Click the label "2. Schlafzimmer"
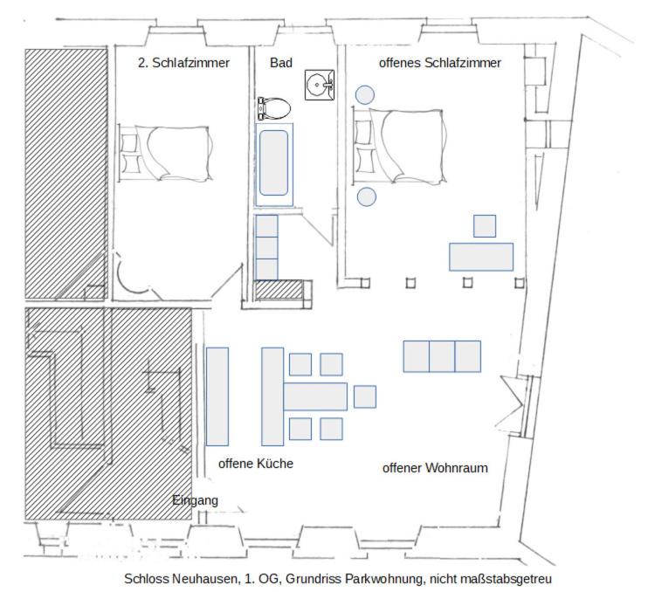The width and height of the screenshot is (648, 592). (183, 63)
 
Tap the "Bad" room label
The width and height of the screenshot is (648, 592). (281, 63)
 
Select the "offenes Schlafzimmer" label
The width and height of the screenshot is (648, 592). (440, 63)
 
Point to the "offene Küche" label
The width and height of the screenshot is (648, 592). (256, 464)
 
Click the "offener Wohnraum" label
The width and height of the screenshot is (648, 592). (435, 468)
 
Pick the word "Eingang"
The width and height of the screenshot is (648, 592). (195, 500)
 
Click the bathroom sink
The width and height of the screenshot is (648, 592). (319, 85)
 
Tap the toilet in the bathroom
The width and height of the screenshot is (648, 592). (273, 108)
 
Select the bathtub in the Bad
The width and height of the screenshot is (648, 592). (274, 164)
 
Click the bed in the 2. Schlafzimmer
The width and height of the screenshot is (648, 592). (166, 153)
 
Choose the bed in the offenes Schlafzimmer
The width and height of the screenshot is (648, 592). (400, 146)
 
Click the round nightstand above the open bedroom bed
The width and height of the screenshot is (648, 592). (365, 95)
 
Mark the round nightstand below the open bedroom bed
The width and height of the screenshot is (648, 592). (366, 196)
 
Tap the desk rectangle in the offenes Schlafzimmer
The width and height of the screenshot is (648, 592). (481, 257)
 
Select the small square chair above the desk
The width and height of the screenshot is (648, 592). (485, 226)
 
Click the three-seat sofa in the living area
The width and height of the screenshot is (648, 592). (442, 356)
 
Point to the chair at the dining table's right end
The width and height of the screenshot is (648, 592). (365, 396)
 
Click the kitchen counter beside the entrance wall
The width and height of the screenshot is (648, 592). (217, 396)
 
